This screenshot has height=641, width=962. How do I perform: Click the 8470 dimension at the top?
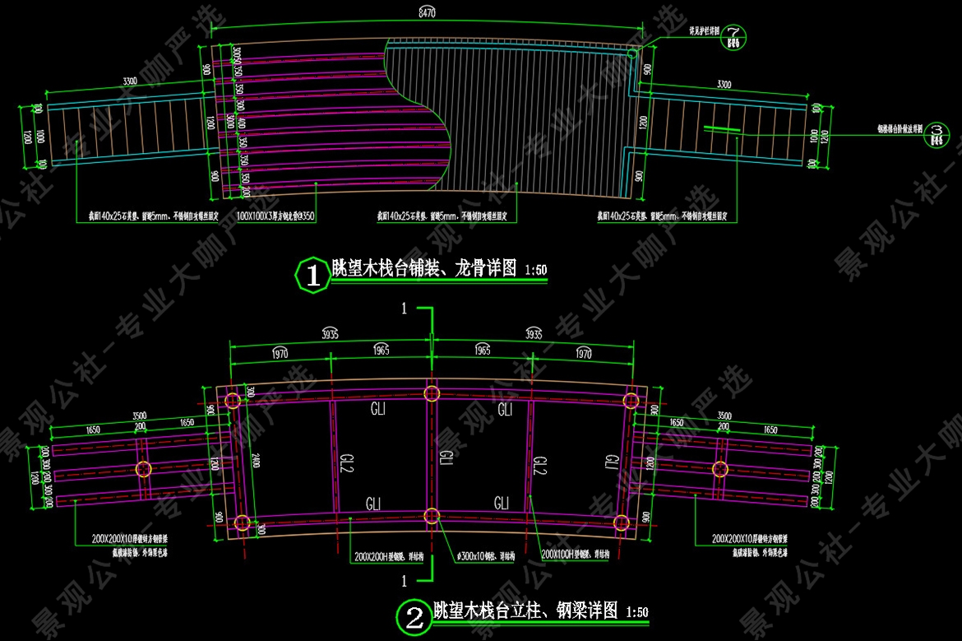[x=426, y=13]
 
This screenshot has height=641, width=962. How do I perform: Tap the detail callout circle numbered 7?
[x=733, y=31]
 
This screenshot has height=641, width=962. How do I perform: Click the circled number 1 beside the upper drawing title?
[x=312, y=274]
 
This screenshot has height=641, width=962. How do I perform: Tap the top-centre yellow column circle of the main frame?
[x=432, y=392]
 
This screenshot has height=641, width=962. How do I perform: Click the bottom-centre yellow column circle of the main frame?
[x=432, y=516]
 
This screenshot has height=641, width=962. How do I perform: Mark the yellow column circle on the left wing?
[x=144, y=470]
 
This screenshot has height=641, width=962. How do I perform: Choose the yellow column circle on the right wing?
[x=721, y=469]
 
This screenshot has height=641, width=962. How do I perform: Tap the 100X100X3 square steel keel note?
[x=275, y=216]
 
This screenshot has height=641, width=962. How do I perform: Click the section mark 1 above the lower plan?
[x=404, y=309]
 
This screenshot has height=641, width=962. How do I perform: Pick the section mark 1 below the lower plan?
[x=404, y=580]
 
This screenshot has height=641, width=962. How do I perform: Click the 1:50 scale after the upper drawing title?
[x=535, y=270]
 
